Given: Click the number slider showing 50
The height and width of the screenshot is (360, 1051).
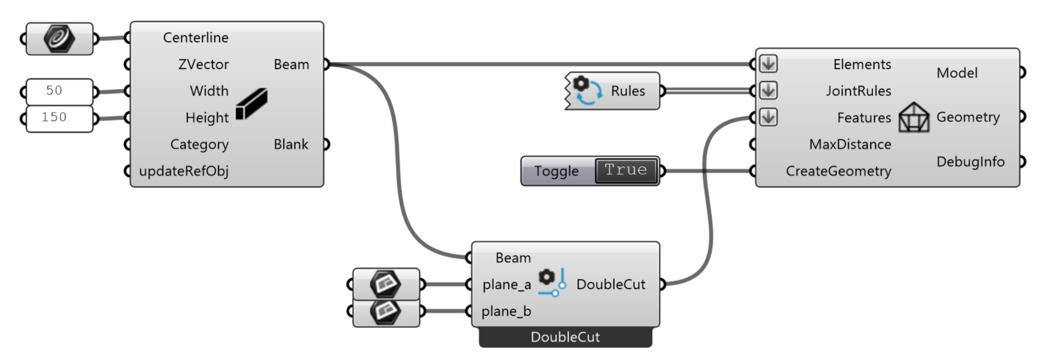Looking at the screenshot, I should pos(58,91).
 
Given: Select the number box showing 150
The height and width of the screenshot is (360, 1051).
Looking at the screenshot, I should pos(58,118).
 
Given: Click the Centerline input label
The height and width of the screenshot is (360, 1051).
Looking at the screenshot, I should pos(196,38).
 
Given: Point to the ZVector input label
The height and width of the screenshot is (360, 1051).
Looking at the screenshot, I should pos(203,65).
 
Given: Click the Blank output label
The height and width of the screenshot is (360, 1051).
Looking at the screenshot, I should pos(291,145).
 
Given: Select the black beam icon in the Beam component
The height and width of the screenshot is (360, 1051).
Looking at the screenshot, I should pos(251,105).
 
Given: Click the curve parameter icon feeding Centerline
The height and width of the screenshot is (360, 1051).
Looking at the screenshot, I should pos(58,38).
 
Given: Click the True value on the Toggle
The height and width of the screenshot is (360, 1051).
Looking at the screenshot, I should pos(626,171).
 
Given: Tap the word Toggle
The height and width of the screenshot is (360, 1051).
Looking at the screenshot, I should pos(556,171).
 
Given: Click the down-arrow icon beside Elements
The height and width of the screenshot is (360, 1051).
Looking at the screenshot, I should pos(768,64).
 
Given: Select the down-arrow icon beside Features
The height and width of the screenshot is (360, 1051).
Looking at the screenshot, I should pos(768,118).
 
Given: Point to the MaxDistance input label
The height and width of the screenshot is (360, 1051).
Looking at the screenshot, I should pos(850,145).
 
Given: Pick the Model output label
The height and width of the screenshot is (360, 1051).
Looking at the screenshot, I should pos(957,73).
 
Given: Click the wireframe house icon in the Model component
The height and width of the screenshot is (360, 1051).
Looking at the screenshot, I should pos(914,118).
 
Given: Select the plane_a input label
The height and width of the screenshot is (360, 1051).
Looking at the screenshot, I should pos(507,284).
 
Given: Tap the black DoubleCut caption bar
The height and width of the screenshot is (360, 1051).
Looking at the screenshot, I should pos(565,338).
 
